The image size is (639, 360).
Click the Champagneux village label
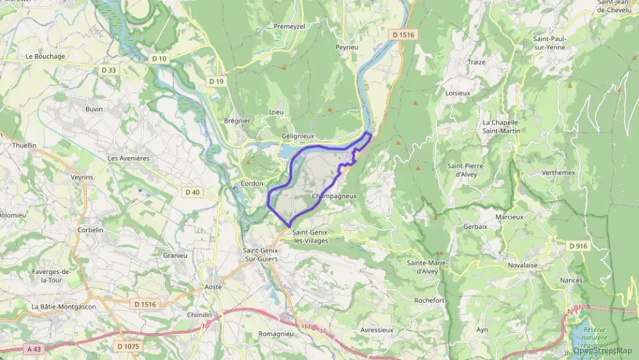coord(334,196)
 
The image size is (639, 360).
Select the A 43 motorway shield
coord(34,348)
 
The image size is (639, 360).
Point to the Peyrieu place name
coord(346,48)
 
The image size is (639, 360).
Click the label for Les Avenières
coord(128,158)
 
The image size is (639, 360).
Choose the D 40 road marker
coord(192,192)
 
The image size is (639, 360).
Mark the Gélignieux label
coord(298,136)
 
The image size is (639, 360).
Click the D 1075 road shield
coord(128,346)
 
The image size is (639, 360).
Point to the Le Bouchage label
coord(45,56)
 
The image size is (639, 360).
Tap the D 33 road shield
coord(109,70)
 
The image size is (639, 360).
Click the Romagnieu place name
coord(276,334)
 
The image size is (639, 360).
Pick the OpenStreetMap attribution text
coord(602,351)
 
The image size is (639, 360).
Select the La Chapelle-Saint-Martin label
coord(501,126)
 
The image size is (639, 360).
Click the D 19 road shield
coord(216,81)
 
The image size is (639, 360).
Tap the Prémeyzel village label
coord(289,26)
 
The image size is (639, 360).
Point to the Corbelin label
coord(90,230)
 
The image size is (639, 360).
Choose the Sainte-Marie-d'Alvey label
coord(427,267)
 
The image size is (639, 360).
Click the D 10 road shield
coord(159,59)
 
